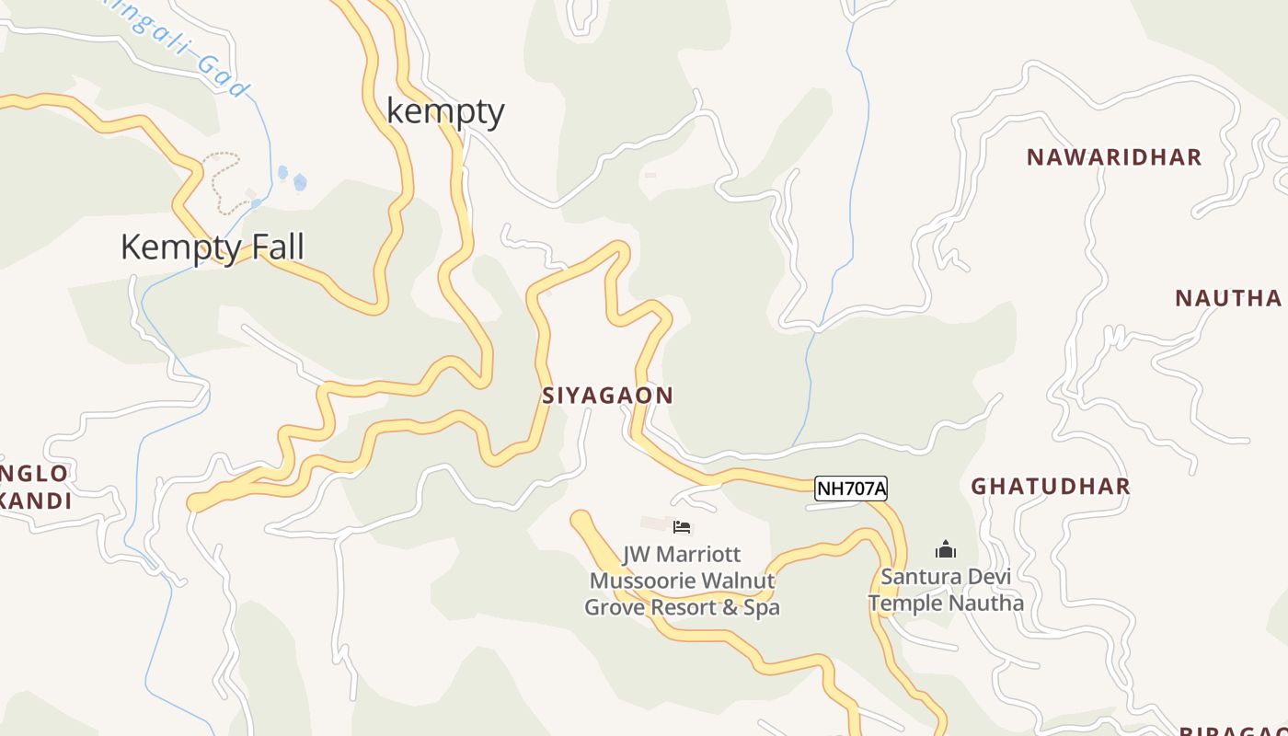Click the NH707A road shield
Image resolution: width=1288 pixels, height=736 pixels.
(x=851, y=489)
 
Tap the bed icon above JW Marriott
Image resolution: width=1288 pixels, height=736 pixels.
(x=682, y=527)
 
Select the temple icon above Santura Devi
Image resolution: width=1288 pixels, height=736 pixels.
(x=946, y=550)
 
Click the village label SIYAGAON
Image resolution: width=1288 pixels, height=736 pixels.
(x=607, y=396)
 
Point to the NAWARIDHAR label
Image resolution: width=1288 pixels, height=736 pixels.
(x=1114, y=157)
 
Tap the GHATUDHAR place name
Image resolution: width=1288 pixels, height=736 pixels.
(x=1051, y=487)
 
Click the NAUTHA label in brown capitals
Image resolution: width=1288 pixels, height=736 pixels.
(x=1228, y=298)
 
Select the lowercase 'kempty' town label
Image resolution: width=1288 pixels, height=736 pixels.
(x=445, y=111)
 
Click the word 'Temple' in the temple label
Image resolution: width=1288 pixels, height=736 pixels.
(x=905, y=604)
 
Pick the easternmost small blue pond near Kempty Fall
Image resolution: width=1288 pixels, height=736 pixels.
(x=300, y=182)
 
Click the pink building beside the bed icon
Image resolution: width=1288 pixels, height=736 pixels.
(x=655, y=523)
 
